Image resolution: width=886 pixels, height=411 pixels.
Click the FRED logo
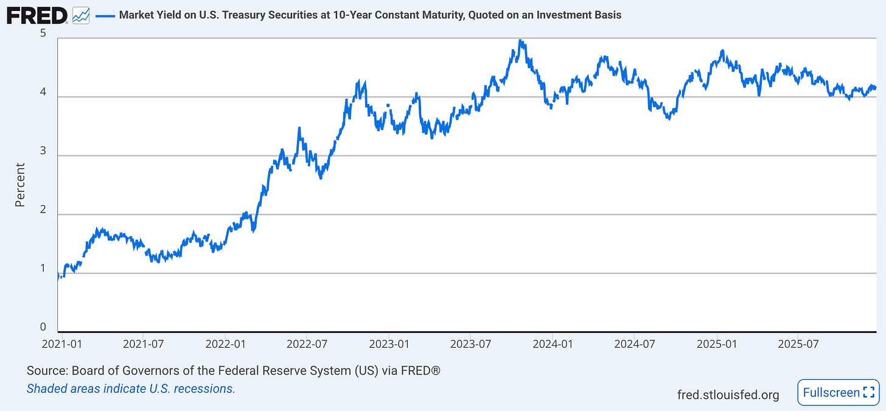point(37,15)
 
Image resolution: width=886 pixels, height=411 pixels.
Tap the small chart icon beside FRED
point(80,15)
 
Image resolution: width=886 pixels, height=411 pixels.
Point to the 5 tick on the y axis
point(43,33)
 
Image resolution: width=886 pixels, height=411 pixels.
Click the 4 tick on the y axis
point(43,92)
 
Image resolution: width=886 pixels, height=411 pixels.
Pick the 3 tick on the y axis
point(43,151)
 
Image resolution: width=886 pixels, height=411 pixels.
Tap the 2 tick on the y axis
point(43,210)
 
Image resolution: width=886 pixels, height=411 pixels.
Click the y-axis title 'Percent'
point(20,184)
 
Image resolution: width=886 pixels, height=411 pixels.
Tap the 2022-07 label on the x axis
point(307,343)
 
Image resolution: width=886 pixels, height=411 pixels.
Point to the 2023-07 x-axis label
point(471,343)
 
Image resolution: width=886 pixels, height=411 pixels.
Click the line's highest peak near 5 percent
point(520,41)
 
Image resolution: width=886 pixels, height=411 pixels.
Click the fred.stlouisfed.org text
point(728,395)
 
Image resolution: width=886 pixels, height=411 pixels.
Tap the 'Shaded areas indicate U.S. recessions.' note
point(131,388)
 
